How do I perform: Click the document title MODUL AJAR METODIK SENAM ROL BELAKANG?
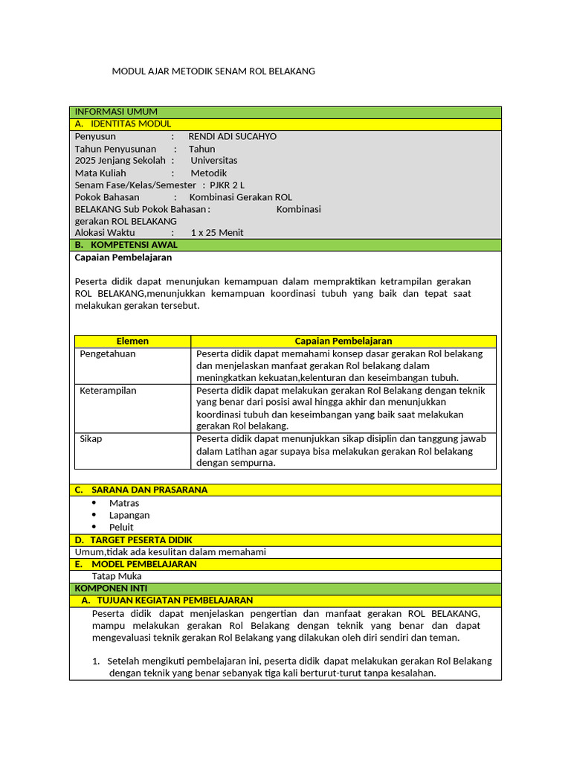click(x=213, y=71)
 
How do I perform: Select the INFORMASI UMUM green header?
click(x=116, y=112)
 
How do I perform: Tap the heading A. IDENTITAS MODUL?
click(x=123, y=124)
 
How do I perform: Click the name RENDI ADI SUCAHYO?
click(x=232, y=137)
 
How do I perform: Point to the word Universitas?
click(x=214, y=161)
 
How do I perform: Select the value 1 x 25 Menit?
click(x=217, y=233)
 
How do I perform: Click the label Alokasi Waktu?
click(x=105, y=233)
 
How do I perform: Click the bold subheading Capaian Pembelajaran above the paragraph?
click(x=123, y=257)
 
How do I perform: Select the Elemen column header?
click(x=132, y=341)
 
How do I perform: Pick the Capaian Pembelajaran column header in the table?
click(x=343, y=341)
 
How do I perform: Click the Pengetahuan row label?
click(x=108, y=354)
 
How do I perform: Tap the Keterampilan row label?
click(x=108, y=391)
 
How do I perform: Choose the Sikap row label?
click(x=91, y=439)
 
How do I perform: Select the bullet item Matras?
click(x=124, y=503)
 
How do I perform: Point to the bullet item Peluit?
click(x=121, y=528)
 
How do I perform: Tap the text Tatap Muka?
click(x=117, y=576)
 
